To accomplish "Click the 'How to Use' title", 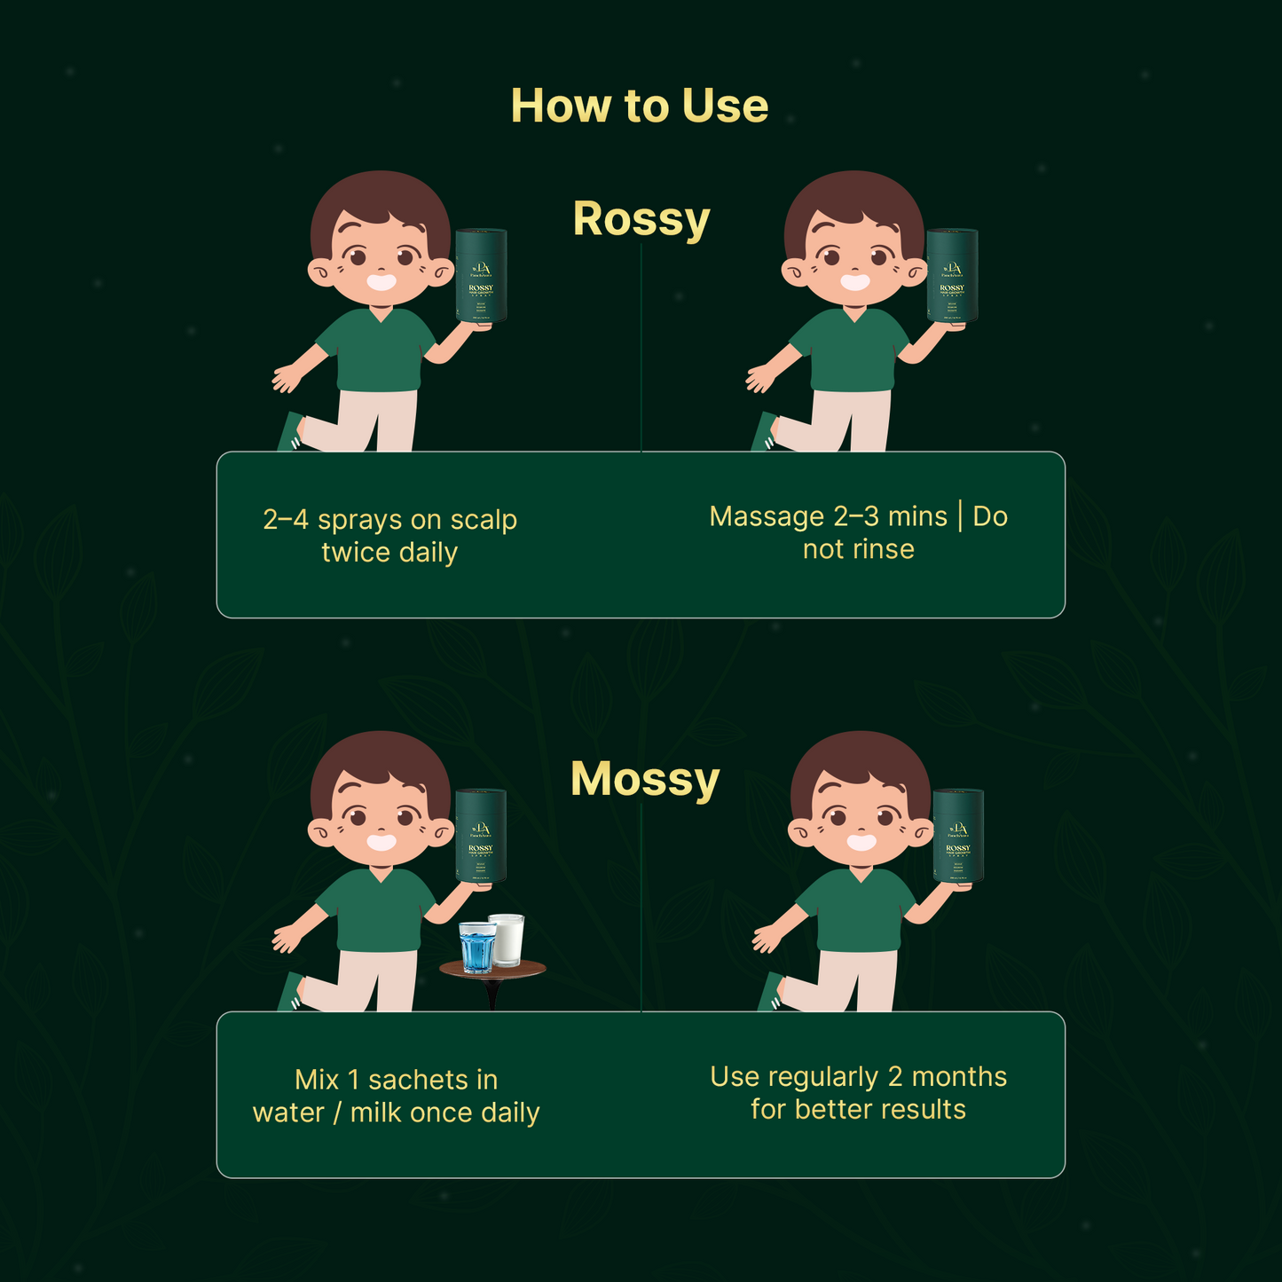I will click(x=639, y=106).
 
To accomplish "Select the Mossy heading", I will click(x=644, y=779).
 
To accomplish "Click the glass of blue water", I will click(x=477, y=947).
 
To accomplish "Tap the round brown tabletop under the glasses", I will click(x=492, y=971).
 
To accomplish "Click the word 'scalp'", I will click(x=484, y=520).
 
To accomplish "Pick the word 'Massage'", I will click(x=767, y=516).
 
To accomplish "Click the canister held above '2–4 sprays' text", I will click(x=481, y=275).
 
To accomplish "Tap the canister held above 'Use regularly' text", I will click(x=958, y=836).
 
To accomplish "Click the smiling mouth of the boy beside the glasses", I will click(x=381, y=841).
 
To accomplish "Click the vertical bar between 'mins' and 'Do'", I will click(x=960, y=516).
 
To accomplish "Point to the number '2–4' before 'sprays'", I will click(x=285, y=520).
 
